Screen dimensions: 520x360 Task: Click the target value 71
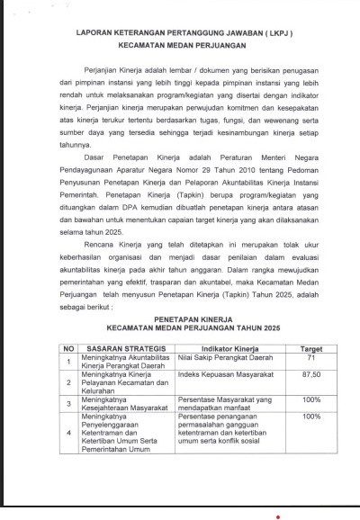[x=312, y=357]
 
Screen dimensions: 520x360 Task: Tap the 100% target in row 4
[x=312, y=417]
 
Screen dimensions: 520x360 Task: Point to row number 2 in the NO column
[x=66, y=381]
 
